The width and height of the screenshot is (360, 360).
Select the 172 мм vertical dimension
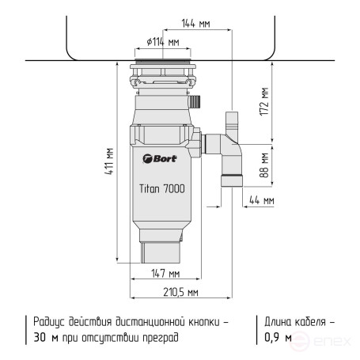pyautogui.click(x=265, y=100)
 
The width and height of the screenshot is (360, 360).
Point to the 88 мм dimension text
pyautogui.click(x=265, y=167)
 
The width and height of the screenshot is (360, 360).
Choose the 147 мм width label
pyautogui.click(x=164, y=274)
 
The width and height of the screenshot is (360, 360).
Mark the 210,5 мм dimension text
pyautogui.click(x=180, y=292)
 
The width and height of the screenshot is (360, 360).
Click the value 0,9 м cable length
pyautogui.click(x=277, y=338)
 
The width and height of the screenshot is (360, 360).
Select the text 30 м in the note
pyautogui.click(x=44, y=338)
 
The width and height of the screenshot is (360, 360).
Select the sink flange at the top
pyautogui.click(x=163, y=62)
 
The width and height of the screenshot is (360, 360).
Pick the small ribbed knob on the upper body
pyautogui.click(x=197, y=101)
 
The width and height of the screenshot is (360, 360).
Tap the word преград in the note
pyautogui.click(x=158, y=338)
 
